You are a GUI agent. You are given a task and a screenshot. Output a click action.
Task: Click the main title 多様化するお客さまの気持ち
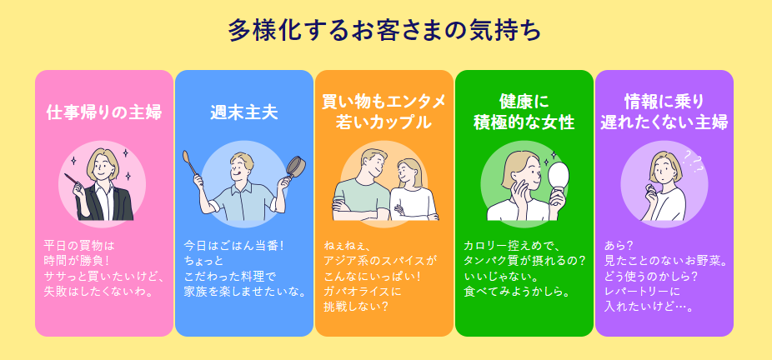(x=384, y=31)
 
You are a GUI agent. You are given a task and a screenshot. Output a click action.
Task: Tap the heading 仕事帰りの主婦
(x=104, y=112)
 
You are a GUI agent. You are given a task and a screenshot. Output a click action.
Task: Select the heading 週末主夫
(x=243, y=112)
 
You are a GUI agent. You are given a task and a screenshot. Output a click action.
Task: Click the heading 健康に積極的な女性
(x=524, y=112)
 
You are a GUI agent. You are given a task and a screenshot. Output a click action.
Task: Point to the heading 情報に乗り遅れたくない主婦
(x=664, y=112)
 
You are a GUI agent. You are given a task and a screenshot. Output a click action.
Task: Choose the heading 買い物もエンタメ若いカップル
(x=383, y=112)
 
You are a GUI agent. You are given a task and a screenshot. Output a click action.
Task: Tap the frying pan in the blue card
(x=294, y=167)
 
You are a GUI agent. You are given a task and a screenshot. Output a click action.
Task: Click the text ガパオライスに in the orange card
(x=362, y=292)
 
